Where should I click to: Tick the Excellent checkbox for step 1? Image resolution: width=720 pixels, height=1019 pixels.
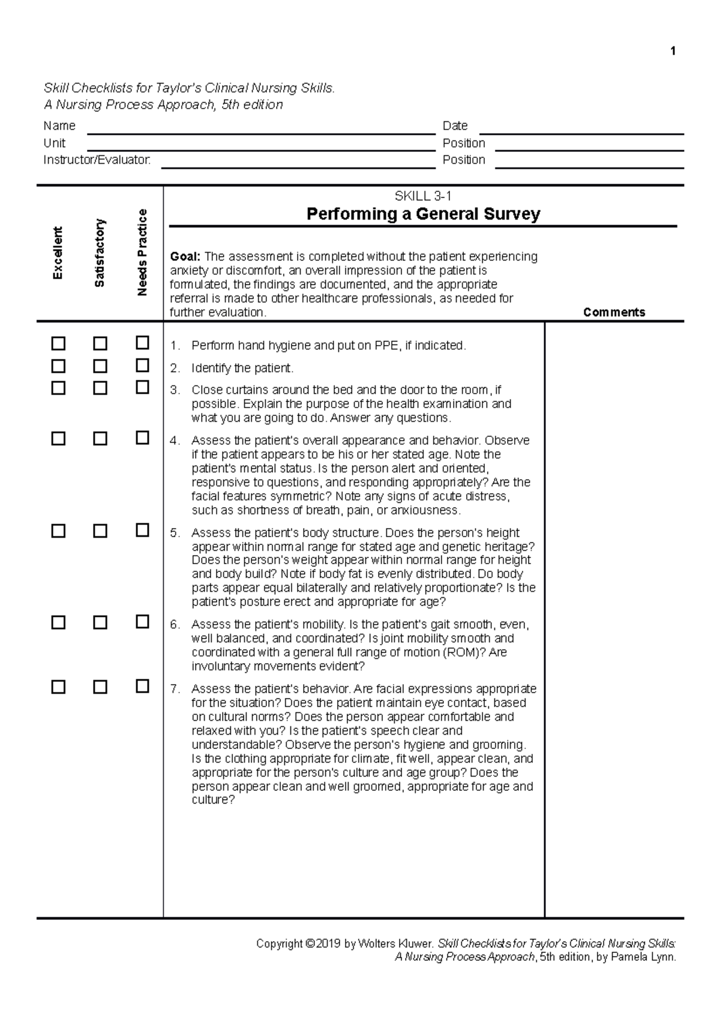[x=58, y=344]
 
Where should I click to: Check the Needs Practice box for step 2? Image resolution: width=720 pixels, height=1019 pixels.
[x=142, y=365]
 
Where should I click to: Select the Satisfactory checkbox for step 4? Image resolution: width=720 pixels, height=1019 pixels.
[x=100, y=439]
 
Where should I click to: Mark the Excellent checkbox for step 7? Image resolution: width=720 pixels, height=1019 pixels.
[x=58, y=687]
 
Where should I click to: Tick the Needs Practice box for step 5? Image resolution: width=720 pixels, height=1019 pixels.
[x=142, y=530]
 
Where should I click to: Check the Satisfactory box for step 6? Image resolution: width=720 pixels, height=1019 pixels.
[x=100, y=622]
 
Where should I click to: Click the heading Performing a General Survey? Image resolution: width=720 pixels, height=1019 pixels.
[x=423, y=214]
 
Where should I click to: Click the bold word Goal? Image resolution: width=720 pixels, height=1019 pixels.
[x=185, y=257]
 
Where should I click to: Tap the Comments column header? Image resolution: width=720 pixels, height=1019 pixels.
[x=614, y=312]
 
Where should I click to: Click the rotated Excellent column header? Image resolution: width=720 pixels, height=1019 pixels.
[x=58, y=253]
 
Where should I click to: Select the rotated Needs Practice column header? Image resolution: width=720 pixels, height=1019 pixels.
[x=142, y=253]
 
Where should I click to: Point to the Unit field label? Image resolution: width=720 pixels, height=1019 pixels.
[x=54, y=143]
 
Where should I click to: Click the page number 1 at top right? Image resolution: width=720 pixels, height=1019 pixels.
[x=673, y=51]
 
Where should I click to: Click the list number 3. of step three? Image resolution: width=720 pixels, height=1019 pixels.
[x=175, y=390]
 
